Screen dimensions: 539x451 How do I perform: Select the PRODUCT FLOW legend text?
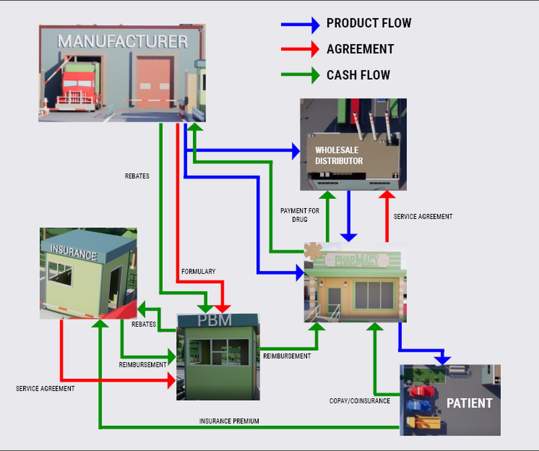[x=369, y=23]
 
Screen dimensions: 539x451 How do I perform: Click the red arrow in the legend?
[x=300, y=49]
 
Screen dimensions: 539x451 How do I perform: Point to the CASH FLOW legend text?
[x=358, y=75]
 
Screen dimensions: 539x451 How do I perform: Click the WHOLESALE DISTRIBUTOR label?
[x=339, y=155]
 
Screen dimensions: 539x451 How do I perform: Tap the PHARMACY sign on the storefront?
[x=357, y=260]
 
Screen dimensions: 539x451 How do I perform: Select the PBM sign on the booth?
[x=215, y=320]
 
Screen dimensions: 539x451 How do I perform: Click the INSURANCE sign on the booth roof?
[x=74, y=252]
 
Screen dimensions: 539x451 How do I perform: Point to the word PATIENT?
[x=469, y=403]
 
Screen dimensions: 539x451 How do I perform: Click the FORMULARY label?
[x=198, y=271]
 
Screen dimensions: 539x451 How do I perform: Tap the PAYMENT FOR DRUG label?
[x=300, y=215]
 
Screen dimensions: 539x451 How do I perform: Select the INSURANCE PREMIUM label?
[x=229, y=421]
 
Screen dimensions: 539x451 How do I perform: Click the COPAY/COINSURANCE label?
[x=360, y=400]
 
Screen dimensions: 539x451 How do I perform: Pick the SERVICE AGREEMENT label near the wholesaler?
[x=423, y=217]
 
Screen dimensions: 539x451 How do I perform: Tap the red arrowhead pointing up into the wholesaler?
[x=387, y=194]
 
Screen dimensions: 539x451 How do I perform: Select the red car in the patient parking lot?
[x=422, y=391]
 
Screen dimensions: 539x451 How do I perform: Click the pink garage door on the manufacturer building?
[x=154, y=83]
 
